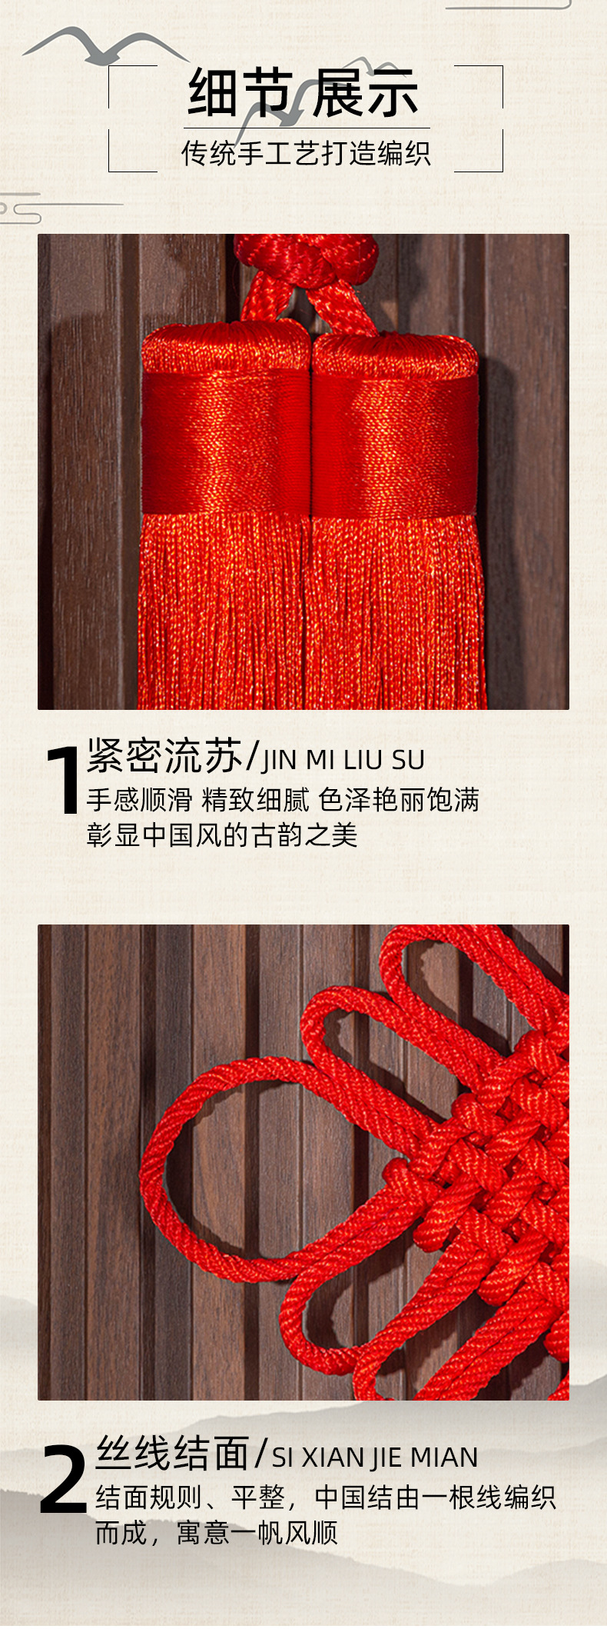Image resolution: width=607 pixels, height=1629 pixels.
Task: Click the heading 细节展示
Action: point(303,94)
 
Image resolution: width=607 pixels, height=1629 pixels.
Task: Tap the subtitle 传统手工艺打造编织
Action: point(305,153)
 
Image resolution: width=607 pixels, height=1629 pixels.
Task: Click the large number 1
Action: point(63,780)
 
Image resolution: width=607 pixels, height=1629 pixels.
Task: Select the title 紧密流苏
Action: point(164,756)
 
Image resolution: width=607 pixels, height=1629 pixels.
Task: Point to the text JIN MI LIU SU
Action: point(343,760)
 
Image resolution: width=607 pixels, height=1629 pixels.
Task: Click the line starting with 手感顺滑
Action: point(282,800)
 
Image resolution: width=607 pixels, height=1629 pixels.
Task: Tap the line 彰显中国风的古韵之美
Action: point(222,835)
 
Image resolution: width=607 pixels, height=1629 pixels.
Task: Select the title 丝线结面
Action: point(172,1454)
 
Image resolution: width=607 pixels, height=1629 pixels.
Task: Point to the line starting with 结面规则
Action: point(325,1497)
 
